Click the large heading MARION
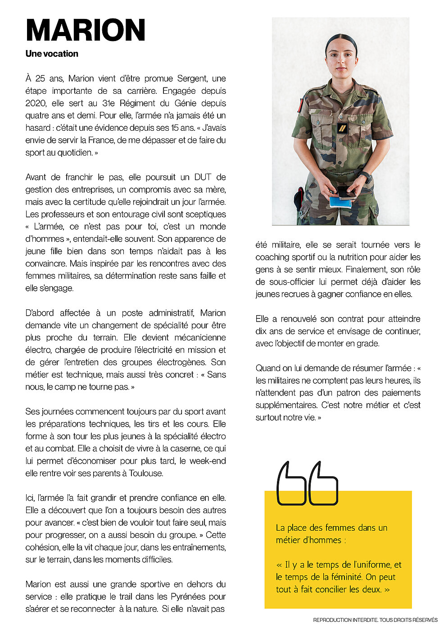[x=86, y=31]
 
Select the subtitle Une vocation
[x=52, y=54]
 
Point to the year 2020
[x=36, y=103]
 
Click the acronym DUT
[x=203, y=177]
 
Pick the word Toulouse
[x=146, y=473]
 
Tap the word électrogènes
[x=182, y=362]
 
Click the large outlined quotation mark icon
[x=307, y=483]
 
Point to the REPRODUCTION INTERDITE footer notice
[x=375, y=620]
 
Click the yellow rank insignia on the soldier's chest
[x=343, y=129]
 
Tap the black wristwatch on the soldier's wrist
[x=366, y=176]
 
